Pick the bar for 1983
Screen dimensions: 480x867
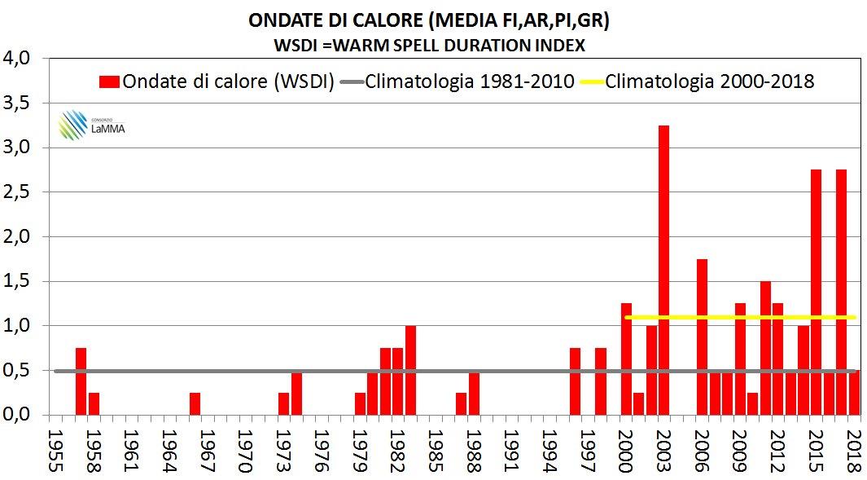pyautogui.click(x=410, y=370)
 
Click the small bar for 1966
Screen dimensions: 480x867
pyautogui.click(x=195, y=403)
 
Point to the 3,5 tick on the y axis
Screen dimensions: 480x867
pyautogui.click(x=17, y=103)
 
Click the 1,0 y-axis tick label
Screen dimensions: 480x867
pyautogui.click(x=17, y=325)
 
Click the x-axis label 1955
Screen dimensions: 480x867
pyautogui.click(x=56, y=447)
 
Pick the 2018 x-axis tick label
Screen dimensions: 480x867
pyautogui.click(x=854, y=447)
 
